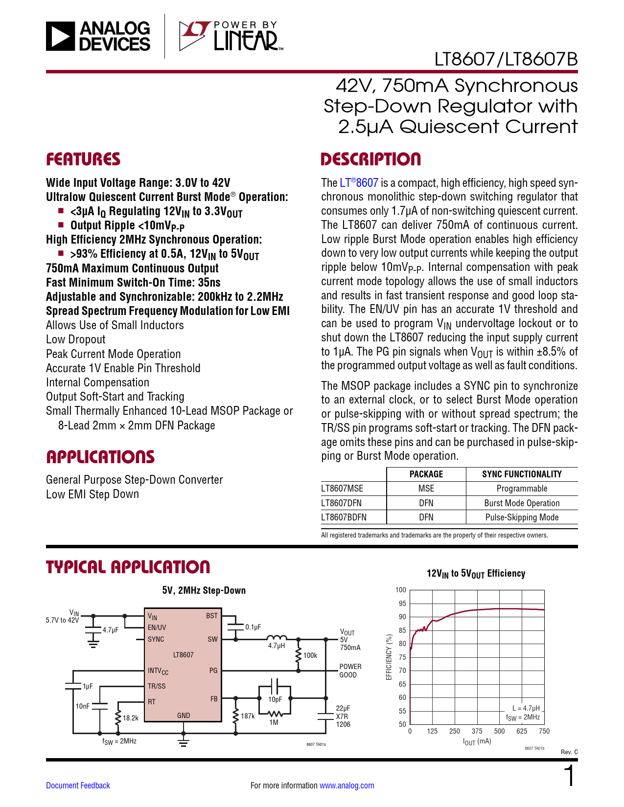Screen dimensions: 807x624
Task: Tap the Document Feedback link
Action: (78, 785)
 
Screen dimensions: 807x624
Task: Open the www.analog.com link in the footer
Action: (347, 785)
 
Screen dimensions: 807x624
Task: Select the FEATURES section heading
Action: (83, 159)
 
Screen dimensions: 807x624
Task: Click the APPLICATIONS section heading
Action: (100, 457)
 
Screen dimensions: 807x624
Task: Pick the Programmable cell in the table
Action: (522, 489)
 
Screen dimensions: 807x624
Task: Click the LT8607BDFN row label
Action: (344, 517)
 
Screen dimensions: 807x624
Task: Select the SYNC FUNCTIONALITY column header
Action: (522, 474)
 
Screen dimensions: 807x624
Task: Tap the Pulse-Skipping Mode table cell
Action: (522, 517)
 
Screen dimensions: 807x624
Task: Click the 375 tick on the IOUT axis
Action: (477, 731)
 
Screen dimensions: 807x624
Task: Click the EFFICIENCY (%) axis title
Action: (389, 657)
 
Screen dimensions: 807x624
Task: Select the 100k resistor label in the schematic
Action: (310, 655)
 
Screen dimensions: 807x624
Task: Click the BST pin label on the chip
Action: (212, 616)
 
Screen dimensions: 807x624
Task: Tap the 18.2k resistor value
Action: (131, 718)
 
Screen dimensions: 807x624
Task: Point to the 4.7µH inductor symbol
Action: (277, 638)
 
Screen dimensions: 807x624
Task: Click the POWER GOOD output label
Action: (350, 671)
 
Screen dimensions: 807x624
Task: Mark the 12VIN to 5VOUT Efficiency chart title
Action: (476, 574)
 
